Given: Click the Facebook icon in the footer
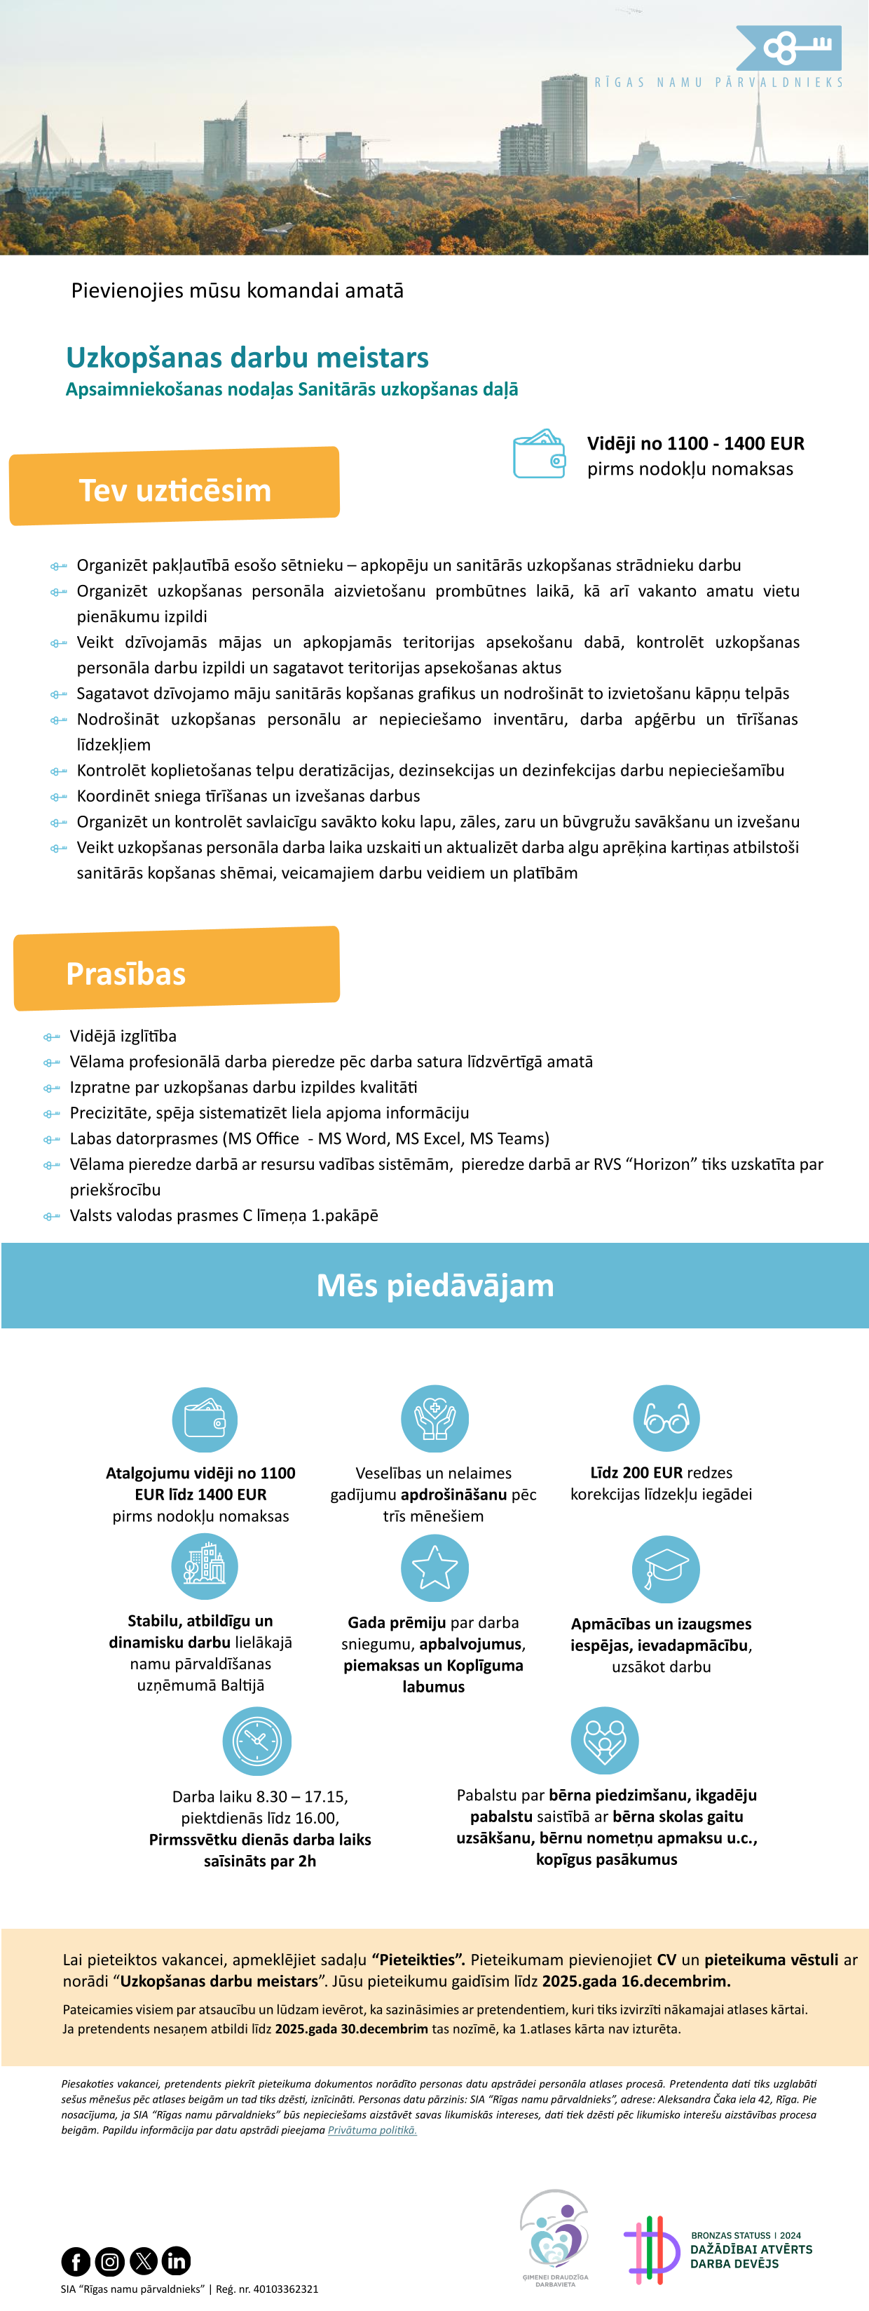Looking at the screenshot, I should [75, 2261].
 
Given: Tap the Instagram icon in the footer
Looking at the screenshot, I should [109, 2261].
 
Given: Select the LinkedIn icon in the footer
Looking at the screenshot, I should [177, 2261].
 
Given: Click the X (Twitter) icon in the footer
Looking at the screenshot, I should [144, 2261].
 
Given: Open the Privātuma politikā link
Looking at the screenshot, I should [372, 2130].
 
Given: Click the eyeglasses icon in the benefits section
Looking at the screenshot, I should [666, 1418].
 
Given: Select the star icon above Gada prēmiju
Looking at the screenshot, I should [434, 1568].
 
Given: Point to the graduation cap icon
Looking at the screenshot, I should [666, 1569].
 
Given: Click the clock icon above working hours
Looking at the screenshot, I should [256, 1740].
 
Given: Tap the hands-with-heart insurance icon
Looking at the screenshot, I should [434, 1418].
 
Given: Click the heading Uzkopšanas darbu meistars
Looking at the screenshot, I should [247, 358].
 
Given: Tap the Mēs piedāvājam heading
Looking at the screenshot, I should [435, 1285].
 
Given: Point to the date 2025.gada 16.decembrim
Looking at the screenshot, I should [636, 1981].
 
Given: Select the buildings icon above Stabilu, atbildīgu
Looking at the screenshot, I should [205, 1566].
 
